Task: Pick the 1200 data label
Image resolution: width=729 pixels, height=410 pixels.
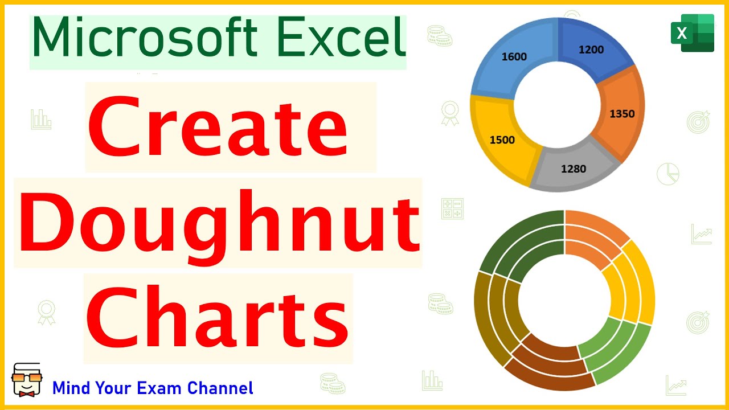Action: coord(591,50)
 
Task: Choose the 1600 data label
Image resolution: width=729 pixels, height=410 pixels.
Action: coord(514,56)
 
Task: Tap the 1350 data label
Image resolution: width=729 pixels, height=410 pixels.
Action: coord(621,113)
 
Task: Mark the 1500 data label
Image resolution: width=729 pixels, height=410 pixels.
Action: coord(502,140)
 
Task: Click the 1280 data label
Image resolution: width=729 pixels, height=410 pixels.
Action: coord(573,169)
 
